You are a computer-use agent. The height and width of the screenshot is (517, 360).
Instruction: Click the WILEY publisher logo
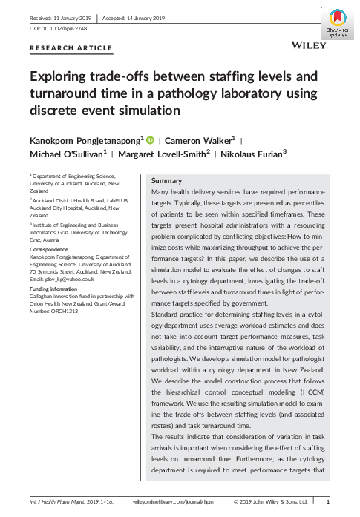[x=309, y=45]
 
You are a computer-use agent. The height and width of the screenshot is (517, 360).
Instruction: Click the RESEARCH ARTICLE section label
[x=71, y=48]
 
